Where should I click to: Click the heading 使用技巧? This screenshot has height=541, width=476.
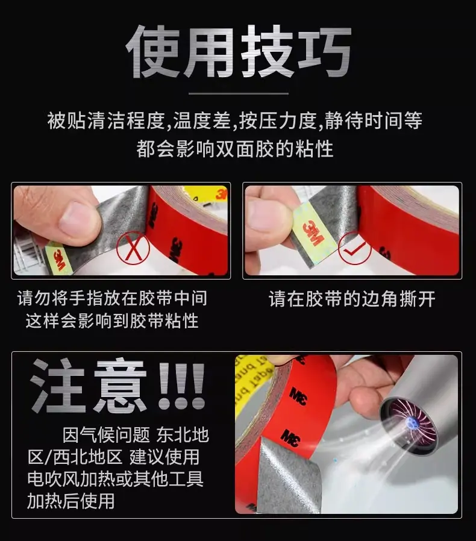coord(238,52)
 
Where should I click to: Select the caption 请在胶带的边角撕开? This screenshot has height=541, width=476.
coord(352,299)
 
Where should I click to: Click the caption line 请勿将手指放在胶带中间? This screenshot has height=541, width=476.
coord(112,298)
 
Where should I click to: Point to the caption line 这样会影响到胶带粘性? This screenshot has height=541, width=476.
coord(112,321)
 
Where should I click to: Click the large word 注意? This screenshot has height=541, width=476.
coord(89,386)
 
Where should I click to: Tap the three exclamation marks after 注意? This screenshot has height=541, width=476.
coord(182,386)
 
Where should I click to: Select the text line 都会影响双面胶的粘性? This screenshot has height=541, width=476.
coord(235,149)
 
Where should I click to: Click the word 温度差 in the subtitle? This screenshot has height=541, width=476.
coord(202,120)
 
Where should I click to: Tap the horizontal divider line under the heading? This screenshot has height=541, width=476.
coord(239,93)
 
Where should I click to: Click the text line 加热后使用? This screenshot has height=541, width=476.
coord(70,501)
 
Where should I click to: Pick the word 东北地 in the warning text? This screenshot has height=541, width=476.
coord(183,435)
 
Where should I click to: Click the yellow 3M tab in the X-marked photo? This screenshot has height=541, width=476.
coord(58,258)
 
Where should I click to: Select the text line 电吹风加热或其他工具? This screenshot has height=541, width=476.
coord(115,479)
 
